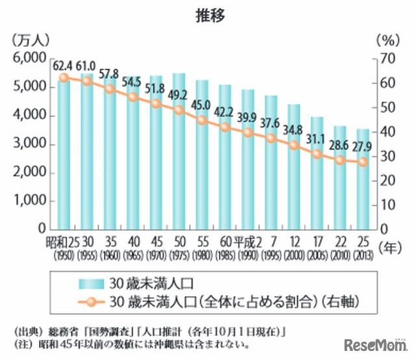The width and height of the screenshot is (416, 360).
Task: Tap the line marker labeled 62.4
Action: pos(64,78)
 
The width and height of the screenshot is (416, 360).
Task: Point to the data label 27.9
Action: pos(363,149)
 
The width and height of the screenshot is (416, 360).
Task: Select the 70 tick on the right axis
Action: pos(387,58)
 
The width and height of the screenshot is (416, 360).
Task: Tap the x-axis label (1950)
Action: pos(64,255)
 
